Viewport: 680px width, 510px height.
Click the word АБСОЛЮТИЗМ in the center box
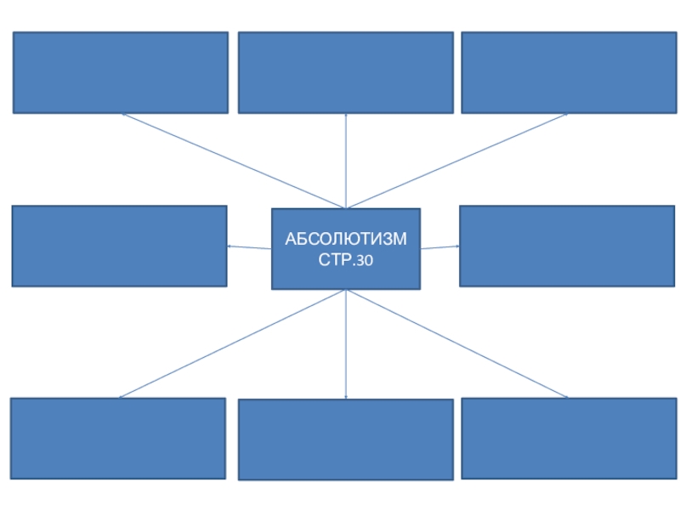345,239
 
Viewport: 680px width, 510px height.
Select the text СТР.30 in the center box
345,258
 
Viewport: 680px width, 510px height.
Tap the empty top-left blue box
121,72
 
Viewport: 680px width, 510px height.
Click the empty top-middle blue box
345,72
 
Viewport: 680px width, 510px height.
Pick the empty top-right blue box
569,72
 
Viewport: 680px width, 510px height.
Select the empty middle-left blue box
119,246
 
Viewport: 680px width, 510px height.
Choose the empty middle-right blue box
567,246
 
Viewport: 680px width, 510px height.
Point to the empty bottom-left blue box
118,438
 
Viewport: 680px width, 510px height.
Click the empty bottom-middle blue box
345,439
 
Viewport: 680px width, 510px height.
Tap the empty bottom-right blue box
569,438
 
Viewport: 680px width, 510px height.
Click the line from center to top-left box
234,161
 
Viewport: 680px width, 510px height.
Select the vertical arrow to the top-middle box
346,161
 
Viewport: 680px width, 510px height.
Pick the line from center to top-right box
456,161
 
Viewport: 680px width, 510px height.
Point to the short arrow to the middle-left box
249,247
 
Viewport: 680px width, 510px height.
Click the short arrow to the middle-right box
440,247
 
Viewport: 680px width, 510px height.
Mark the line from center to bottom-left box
232,343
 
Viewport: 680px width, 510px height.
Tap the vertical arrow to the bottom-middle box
346,344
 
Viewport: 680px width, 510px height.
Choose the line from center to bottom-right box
457,343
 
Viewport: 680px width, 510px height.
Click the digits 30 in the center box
364,259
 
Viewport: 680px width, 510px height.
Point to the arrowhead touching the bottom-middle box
346,396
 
